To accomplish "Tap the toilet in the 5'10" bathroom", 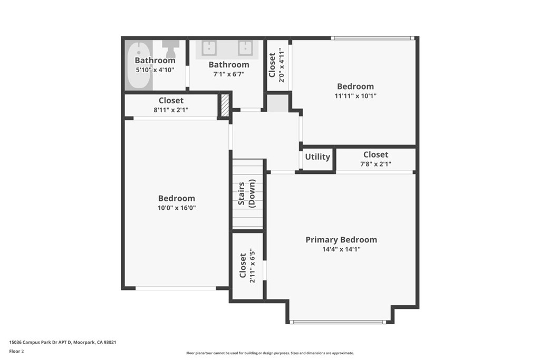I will click(x=170, y=48).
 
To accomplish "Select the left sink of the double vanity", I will click(x=209, y=48).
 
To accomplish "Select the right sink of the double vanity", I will click(x=245, y=48).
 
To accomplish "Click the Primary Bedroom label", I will click(x=341, y=240).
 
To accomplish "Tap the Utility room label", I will click(x=317, y=157).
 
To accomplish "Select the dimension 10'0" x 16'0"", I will click(x=177, y=208).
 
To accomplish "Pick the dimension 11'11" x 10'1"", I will click(x=355, y=96).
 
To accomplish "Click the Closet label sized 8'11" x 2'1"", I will click(x=171, y=101).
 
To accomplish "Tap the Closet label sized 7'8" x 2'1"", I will click(x=375, y=154).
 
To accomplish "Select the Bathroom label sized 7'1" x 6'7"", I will click(x=228, y=65).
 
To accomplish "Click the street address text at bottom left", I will click(x=63, y=342).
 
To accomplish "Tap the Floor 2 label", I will click(x=17, y=351).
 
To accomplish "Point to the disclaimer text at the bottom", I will click(x=269, y=353).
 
